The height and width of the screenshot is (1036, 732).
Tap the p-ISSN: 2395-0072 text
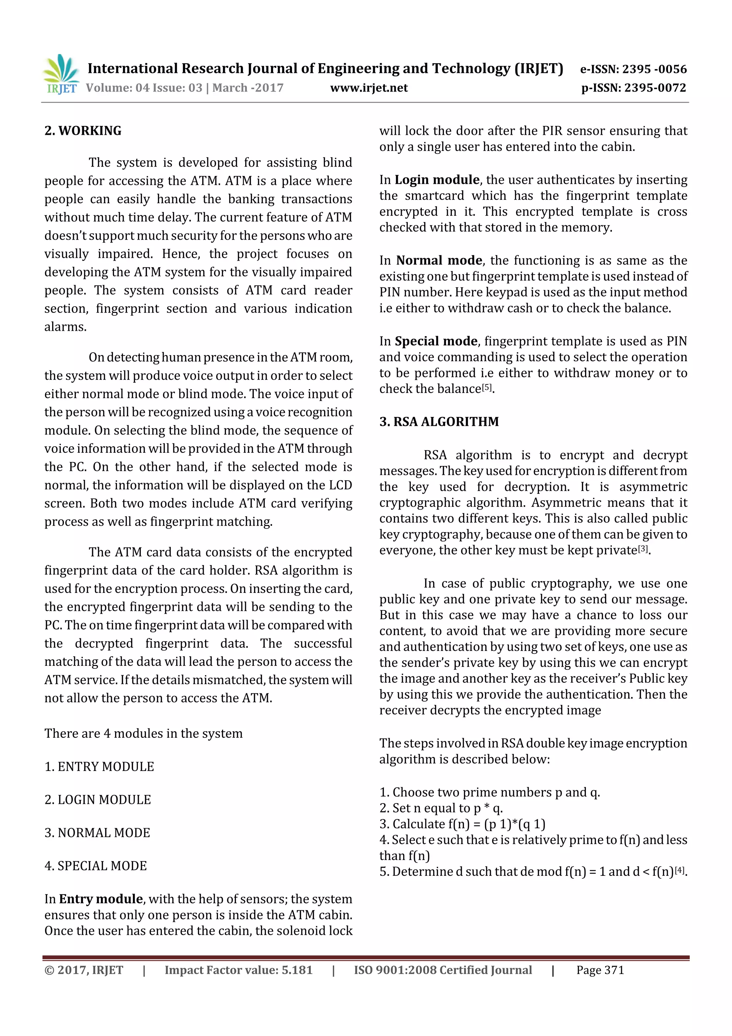(x=633, y=88)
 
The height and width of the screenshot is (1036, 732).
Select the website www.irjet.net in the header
(x=369, y=88)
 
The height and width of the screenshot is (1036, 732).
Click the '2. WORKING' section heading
(x=83, y=131)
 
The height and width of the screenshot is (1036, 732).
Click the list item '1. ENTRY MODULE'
(x=99, y=767)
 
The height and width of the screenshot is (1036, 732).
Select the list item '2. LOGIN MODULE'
(x=98, y=800)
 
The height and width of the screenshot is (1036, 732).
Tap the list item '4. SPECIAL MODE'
(x=96, y=865)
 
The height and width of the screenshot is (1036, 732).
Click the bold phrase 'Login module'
(x=436, y=180)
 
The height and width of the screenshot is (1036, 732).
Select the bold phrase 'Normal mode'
(x=439, y=260)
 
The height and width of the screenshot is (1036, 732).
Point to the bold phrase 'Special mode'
(x=436, y=341)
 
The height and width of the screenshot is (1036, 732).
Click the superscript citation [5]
(x=487, y=387)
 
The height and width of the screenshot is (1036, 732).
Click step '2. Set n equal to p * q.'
(x=441, y=808)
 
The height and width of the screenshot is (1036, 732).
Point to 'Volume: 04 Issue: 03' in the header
(x=144, y=88)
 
